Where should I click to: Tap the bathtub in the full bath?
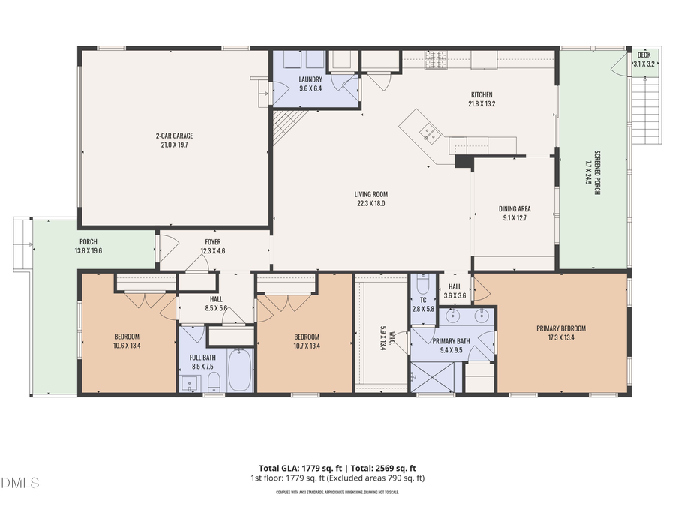click(x=240, y=373)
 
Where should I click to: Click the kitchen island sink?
click(x=430, y=133)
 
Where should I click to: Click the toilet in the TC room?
click(x=421, y=286)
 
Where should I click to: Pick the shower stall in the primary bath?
click(x=432, y=377)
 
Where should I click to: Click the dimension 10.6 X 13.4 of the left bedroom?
click(x=127, y=346)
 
